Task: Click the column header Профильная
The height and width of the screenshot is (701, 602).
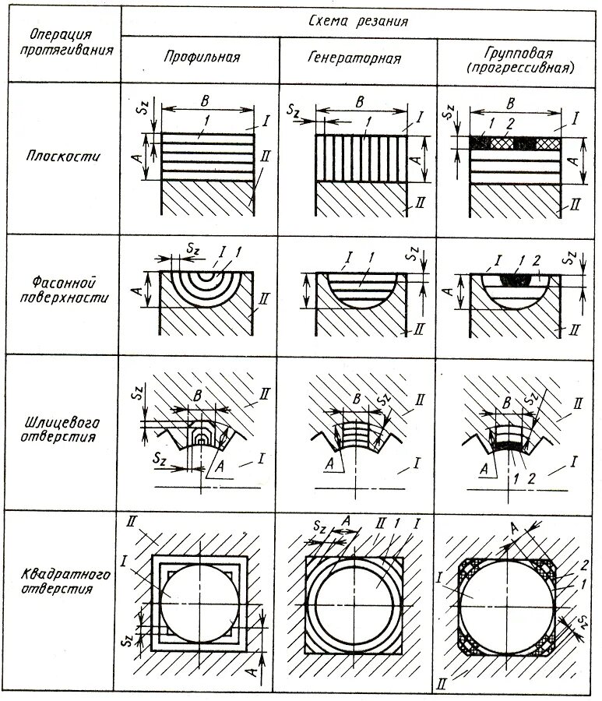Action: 202,58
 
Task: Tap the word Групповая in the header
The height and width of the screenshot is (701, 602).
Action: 517,53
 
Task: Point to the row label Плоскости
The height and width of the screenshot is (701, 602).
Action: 63,156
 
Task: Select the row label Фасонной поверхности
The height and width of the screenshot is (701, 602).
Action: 63,287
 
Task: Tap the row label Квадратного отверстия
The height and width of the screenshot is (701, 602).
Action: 62,580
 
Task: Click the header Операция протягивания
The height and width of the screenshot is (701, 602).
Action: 62,42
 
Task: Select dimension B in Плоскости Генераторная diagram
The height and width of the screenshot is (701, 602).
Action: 359,100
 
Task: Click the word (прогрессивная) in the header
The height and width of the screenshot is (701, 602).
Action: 517,68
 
